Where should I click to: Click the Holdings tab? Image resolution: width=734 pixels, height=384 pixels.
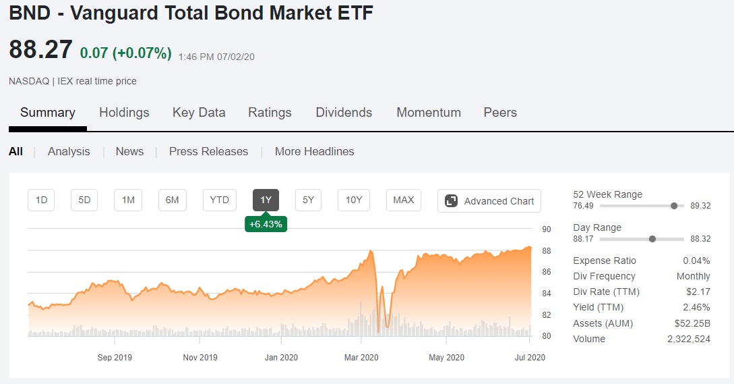[x=124, y=113]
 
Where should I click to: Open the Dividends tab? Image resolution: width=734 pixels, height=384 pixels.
[x=344, y=113]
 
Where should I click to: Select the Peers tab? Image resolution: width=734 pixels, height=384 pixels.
[x=500, y=113]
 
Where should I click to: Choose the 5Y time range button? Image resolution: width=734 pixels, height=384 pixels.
[x=308, y=200]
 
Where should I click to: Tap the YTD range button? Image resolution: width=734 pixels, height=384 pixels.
[x=220, y=200]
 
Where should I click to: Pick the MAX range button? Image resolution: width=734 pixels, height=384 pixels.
[x=404, y=200]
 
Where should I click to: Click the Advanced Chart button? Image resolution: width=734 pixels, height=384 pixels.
[x=489, y=200]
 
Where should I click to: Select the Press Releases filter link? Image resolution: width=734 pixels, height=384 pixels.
[x=208, y=151]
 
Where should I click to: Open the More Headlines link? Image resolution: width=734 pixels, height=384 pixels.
[x=315, y=151]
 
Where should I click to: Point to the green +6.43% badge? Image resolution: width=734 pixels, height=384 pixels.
[x=266, y=223]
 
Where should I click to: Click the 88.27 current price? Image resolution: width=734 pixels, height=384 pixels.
[x=40, y=49]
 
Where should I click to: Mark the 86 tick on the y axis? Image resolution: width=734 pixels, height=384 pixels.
[x=546, y=272]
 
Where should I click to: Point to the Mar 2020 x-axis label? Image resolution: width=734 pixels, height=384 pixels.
[x=361, y=357]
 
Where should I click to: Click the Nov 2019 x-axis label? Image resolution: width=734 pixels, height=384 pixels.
[x=200, y=357]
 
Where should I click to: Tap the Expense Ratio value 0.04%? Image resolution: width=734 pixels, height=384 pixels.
[x=696, y=260]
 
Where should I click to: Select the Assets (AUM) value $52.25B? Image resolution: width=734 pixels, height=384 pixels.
[x=692, y=323]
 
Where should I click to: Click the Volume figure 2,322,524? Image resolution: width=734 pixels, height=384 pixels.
[x=689, y=339]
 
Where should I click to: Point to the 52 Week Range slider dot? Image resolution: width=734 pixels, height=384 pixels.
[x=674, y=206]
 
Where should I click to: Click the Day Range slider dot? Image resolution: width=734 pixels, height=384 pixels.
[x=652, y=239]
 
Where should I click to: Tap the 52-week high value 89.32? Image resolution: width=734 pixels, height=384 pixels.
[x=700, y=206]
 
